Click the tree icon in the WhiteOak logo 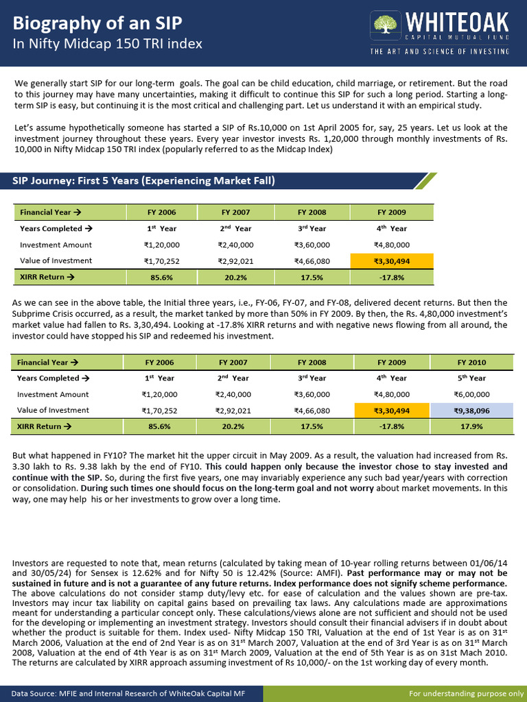coord(384,25)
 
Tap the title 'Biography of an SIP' coord(98,23)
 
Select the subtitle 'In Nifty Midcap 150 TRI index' coord(108,44)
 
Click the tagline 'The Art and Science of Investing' coord(440,51)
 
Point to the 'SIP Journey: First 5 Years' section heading coord(144,181)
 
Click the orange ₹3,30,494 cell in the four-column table coord(392,261)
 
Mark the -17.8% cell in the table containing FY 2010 coord(390,426)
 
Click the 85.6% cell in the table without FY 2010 coord(161,277)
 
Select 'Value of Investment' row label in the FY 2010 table coord(53,411)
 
